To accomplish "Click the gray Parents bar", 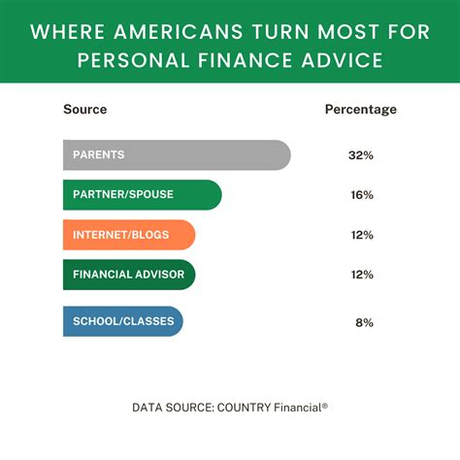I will [x=175, y=155].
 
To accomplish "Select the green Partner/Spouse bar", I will [x=142, y=194].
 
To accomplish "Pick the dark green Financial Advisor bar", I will [x=128, y=275].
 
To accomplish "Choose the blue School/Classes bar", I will [x=121, y=321].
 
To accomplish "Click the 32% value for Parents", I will [x=360, y=155].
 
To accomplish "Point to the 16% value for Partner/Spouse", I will [x=360, y=194].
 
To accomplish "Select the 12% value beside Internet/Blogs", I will [x=360, y=234].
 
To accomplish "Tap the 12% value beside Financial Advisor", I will [x=360, y=275].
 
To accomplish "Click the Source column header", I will [x=84, y=110].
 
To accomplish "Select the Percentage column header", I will [x=360, y=110].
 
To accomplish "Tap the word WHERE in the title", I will [x=63, y=31].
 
